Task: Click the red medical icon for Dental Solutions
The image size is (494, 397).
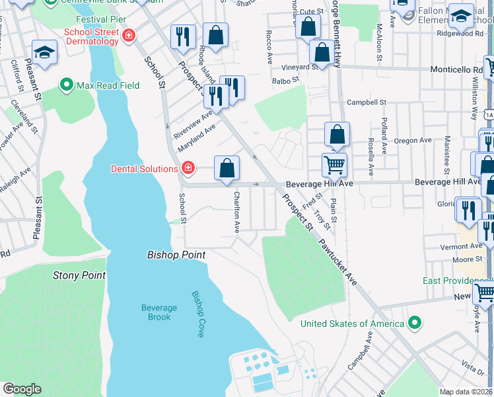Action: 188,169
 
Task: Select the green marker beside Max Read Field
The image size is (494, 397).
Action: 66,85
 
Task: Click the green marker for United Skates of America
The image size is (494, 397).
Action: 414,324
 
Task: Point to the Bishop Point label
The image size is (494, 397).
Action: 176,255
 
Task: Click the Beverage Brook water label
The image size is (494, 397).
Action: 159,312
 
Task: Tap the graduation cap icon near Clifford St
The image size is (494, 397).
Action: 45,52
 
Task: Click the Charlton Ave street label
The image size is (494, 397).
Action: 236,212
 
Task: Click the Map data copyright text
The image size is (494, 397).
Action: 466,392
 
